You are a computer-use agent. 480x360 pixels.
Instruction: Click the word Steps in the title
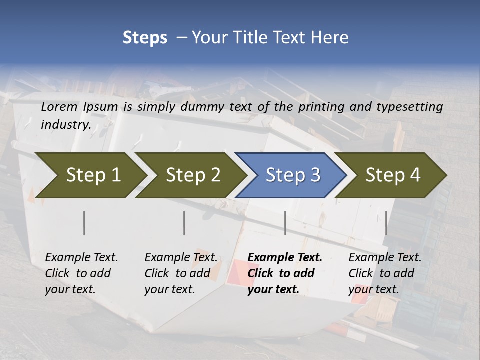[x=145, y=38]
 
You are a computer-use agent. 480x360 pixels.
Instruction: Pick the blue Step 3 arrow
[x=293, y=175]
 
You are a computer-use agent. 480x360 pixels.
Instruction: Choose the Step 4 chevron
[x=393, y=175]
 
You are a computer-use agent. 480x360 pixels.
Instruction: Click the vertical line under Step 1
[x=84, y=223]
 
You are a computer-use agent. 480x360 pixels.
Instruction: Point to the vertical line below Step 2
[x=184, y=223]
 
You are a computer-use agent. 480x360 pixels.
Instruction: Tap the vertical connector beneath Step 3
[x=285, y=223]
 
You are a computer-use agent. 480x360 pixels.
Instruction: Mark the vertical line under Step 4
[x=386, y=223]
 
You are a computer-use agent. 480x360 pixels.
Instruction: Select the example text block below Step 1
[x=81, y=273]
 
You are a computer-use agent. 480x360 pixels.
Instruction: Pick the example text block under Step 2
[x=181, y=273]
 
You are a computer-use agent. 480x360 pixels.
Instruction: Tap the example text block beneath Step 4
[x=385, y=273]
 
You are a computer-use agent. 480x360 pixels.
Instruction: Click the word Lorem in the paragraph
[x=59, y=107]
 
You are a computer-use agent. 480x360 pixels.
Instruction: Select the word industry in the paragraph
[x=65, y=124]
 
